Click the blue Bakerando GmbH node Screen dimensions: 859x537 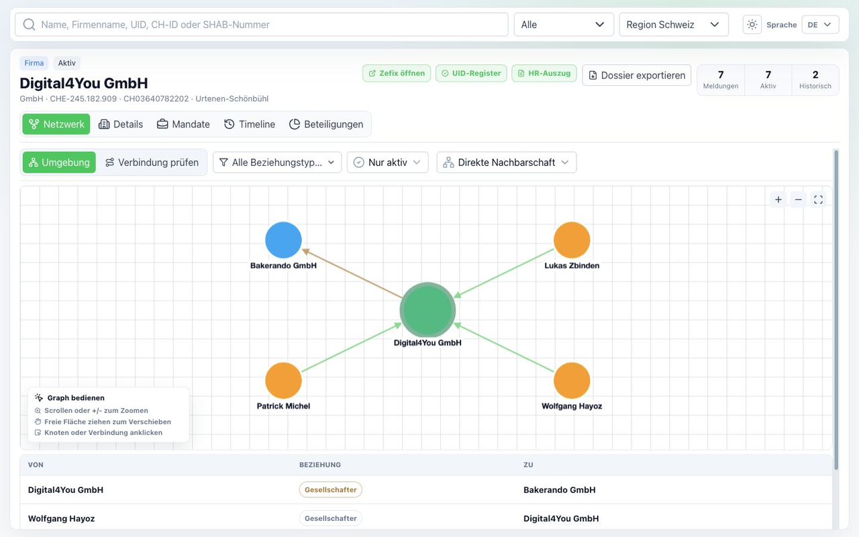click(283, 240)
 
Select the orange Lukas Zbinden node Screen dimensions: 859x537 click(571, 240)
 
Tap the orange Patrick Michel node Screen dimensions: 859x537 click(283, 381)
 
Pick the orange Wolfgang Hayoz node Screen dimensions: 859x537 click(571, 381)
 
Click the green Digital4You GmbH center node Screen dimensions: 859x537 click(427, 310)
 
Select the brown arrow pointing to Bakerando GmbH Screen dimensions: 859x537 click(352, 273)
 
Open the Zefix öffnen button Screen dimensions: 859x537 click(397, 73)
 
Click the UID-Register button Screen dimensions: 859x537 click(471, 73)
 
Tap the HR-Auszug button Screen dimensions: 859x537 click(544, 73)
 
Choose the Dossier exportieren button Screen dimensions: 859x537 click(637, 75)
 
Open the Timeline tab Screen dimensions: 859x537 click(250, 124)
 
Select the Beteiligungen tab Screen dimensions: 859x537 click(326, 124)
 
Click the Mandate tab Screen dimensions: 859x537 click(183, 124)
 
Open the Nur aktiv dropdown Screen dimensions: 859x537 click(387, 162)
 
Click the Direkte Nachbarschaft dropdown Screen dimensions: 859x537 click(506, 162)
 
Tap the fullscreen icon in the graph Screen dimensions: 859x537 click(818, 199)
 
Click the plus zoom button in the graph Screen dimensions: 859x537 click(778, 199)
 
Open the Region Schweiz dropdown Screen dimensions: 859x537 click(674, 25)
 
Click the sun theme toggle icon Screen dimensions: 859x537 click(752, 25)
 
